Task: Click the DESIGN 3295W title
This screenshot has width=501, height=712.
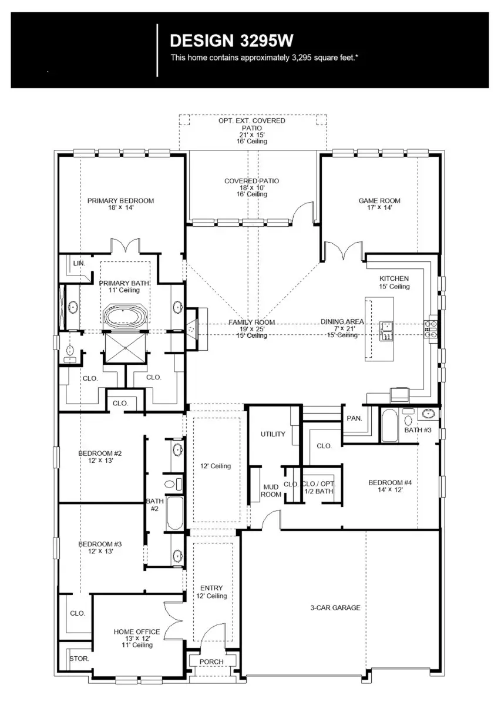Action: [231, 41]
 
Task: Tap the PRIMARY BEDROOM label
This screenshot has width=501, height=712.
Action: [120, 201]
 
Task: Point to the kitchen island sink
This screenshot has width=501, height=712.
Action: [386, 331]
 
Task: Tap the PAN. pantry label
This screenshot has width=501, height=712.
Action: [354, 419]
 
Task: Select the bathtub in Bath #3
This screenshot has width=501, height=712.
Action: [390, 426]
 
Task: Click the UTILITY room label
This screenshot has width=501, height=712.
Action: [273, 434]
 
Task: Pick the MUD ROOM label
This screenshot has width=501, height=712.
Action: [271, 491]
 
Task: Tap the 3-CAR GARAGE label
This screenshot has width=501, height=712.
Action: [335, 608]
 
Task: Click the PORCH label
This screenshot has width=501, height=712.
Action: [211, 661]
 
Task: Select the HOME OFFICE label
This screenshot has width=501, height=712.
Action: [136, 632]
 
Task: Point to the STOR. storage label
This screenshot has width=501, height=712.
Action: [79, 659]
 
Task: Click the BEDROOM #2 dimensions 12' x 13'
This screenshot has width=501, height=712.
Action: [99, 461]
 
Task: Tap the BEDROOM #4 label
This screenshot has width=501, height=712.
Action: [390, 483]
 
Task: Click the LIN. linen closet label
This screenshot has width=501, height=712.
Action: [79, 264]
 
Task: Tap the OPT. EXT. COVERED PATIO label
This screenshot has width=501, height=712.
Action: [251, 120]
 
